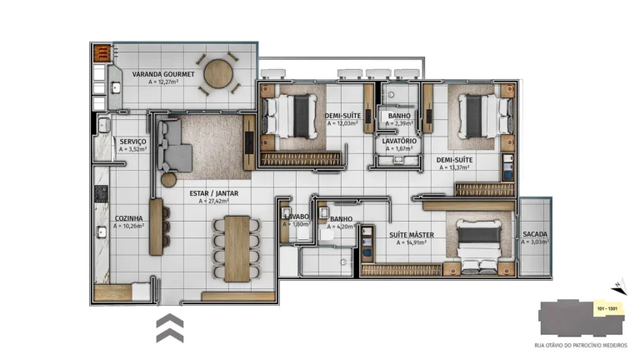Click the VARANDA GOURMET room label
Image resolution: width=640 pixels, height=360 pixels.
pos(162,74)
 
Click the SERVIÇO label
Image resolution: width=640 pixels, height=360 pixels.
pos(132,142)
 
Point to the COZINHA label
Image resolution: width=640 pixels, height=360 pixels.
pos(129,218)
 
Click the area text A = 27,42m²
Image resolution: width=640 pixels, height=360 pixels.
pos(218,201)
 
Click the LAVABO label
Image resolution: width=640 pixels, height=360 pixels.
pos(296,217)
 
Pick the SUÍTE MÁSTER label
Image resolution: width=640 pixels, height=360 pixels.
pos(411,235)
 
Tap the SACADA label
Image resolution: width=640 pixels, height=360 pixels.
pos(535,234)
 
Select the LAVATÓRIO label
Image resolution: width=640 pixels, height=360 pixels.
pos(399,142)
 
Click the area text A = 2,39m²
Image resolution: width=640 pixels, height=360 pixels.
pos(399,123)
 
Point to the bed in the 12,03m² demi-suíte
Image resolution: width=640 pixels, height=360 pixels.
pos(288,116)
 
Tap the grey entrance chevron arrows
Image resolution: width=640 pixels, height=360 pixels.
pos(169,328)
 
